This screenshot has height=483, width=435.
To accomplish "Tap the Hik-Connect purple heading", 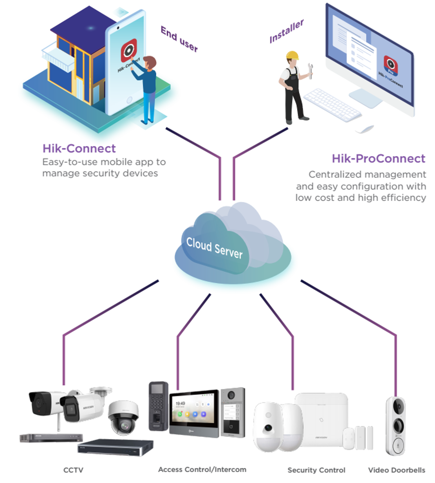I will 79,148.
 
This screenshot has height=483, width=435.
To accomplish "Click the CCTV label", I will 73,470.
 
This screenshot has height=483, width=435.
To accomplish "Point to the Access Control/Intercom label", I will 202,470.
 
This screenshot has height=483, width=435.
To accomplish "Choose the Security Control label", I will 316,470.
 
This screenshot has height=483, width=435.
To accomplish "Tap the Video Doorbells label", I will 396,470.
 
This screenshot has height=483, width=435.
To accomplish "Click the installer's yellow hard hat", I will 292,55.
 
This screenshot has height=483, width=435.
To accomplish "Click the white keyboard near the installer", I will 332,104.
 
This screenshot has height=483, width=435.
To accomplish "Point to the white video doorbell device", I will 396,425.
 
